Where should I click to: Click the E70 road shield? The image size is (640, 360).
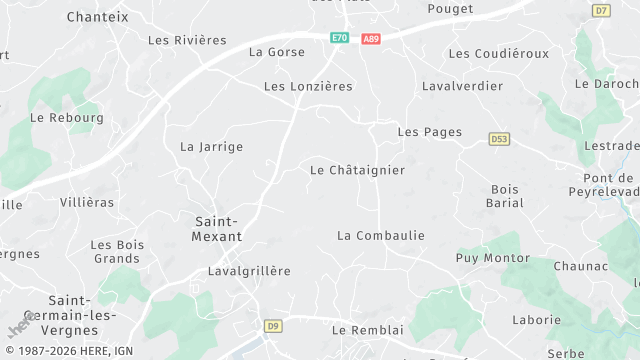[340, 38]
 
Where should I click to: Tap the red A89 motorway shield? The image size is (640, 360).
[371, 38]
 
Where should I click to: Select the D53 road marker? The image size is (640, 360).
[499, 139]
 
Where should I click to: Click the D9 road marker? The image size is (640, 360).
[274, 325]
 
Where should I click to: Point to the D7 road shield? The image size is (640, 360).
[601, 10]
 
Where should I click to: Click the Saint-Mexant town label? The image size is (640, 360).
[217, 229]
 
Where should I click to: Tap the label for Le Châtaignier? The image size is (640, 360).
[357, 170]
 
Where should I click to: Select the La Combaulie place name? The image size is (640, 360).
[380, 236]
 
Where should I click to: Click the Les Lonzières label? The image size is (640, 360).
[308, 87]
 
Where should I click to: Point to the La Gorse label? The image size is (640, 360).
[276, 52]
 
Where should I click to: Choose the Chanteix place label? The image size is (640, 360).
[97, 17]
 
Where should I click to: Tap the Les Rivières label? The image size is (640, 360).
[187, 40]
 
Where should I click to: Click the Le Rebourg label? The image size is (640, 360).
[67, 118]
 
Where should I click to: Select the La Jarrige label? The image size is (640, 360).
[211, 146]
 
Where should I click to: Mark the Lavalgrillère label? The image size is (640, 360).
[248, 271]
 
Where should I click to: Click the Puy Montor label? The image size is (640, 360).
[492, 258]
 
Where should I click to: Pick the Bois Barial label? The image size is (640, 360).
[506, 196]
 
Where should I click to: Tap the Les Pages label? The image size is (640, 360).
[429, 132]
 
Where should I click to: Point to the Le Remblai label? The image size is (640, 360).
[367, 330]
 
